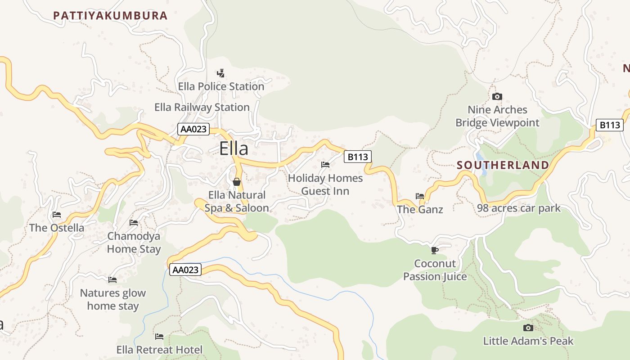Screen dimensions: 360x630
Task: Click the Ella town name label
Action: pyautogui.click(x=234, y=148)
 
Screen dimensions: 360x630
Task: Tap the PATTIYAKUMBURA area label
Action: pyautogui.click(x=110, y=16)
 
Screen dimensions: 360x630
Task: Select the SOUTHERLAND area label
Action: pyautogui.click(x=503, y=165)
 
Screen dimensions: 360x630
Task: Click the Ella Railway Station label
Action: pyautogui.click(x=202, y=107)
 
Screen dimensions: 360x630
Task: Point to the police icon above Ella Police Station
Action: pyautogui.click(x=220, y=73)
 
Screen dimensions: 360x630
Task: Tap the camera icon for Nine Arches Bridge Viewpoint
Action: pyautogui.click(x=497, y=96)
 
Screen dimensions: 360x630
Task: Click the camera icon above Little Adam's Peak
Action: pyautogui.click(x=528, y=328)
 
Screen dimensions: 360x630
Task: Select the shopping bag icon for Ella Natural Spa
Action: pyautogui.click(x=237, y=182)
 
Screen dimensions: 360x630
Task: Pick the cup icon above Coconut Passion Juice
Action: pyautogui.click(x=434, y=250)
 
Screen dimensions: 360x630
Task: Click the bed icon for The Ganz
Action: pyautogui.click(x=420, y=196)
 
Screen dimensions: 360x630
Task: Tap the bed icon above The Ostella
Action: pyautogui.click(x=57, y=215)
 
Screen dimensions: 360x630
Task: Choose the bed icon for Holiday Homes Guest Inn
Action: pyautogui.click(x=325, y=165)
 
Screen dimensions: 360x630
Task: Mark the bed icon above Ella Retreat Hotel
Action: pyautogui.click(x=159, y=337)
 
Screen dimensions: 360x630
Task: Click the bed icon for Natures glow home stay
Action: pyautogui.click(x=112, y=280)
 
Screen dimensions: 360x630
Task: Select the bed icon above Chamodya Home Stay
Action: pyautogui.click(x=134, y=223)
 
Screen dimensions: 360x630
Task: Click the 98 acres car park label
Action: pyautogui.click(x=519, y=208)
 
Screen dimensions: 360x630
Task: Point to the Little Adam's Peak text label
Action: pyautogui.click(x=528, y=341)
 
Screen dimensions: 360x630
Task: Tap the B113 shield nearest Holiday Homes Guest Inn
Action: pyautogui.click(x=358, y=157)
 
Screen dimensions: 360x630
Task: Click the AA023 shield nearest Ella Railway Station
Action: pyautogui.click(x=193, y=129)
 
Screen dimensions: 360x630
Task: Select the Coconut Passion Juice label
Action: pyautogui.click(x=435, y=270)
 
